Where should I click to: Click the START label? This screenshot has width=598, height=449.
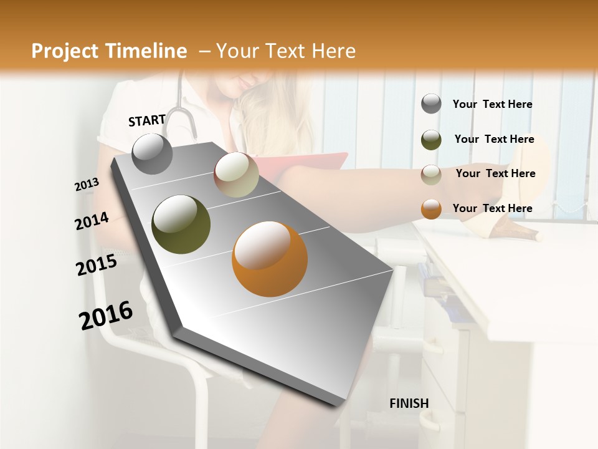pos(147,120)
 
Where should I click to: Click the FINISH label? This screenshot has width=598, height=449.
pos(409,403)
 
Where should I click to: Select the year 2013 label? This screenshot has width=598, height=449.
pos(87,185)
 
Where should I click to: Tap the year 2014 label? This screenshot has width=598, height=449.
pos(92,221)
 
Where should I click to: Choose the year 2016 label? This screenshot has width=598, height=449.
pos(106,315)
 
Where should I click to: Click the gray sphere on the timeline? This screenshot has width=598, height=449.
pos(152,153)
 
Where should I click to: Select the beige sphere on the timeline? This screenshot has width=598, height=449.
pos(236,175)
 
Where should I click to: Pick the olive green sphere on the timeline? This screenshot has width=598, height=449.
pos(181,224)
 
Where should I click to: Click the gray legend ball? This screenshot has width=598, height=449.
pos(431,104)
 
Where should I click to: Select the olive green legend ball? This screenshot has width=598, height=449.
pos(431,140)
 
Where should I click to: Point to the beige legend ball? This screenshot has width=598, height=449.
pos(431,175)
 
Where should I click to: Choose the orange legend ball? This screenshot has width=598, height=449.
pos(431,209)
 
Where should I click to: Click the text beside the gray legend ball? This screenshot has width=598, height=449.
pos(492,104)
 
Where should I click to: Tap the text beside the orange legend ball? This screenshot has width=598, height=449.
pos(492,208)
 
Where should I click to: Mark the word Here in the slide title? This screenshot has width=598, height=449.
pos(333,51)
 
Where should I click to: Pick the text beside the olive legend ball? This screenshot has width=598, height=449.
pos(494,139)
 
